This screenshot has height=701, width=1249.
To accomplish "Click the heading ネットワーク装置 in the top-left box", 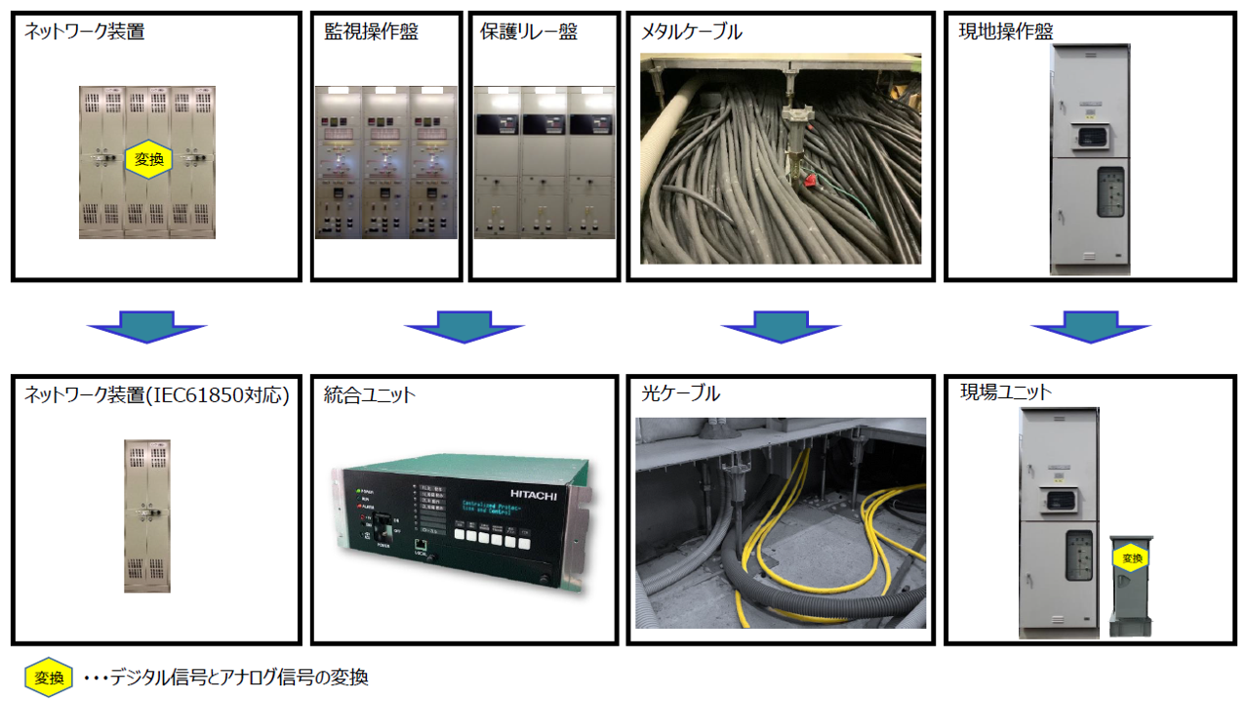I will coord(84,32).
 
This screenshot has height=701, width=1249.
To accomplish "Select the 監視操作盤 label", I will coord(371,32).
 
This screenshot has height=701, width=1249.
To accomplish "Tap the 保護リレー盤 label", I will coord(529,32).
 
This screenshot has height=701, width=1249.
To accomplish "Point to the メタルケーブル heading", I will coord(692,32).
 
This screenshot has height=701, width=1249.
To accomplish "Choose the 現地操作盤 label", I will coord(1006,32).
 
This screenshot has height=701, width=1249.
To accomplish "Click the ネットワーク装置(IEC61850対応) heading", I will coord(157,394).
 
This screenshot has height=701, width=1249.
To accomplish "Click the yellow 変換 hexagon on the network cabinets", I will coord(149,159).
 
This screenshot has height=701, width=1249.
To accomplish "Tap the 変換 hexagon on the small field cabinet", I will coord(1132,558).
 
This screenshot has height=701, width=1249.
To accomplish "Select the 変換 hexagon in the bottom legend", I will coord(49,678).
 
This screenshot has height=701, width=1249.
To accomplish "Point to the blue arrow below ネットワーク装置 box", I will coord(147,326).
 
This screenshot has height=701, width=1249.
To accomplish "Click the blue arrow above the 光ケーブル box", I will coord(781,326).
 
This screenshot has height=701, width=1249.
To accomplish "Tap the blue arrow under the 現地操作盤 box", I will coord(1091,326).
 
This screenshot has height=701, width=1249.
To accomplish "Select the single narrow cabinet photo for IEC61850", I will coord(147,515).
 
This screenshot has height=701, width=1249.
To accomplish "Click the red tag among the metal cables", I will coord(809,180).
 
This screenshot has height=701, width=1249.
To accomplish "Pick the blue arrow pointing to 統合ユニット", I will coord(464,326).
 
